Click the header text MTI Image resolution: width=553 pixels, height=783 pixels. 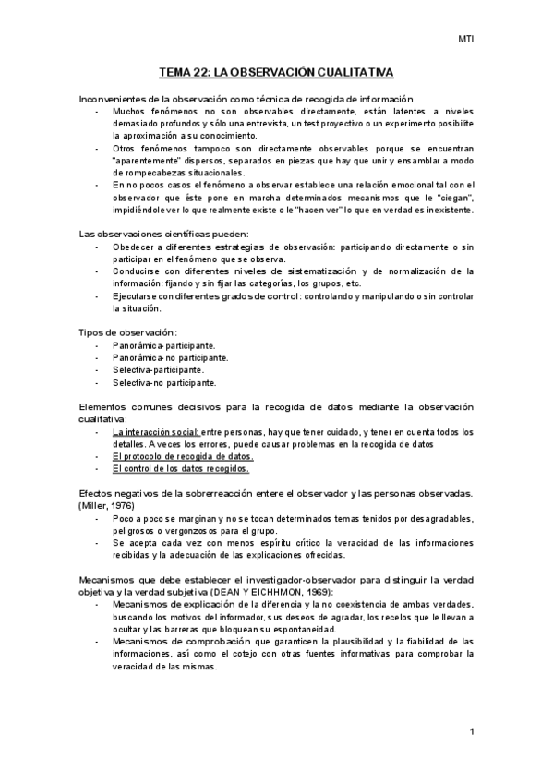467,39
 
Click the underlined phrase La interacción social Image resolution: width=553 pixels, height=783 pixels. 155,432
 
